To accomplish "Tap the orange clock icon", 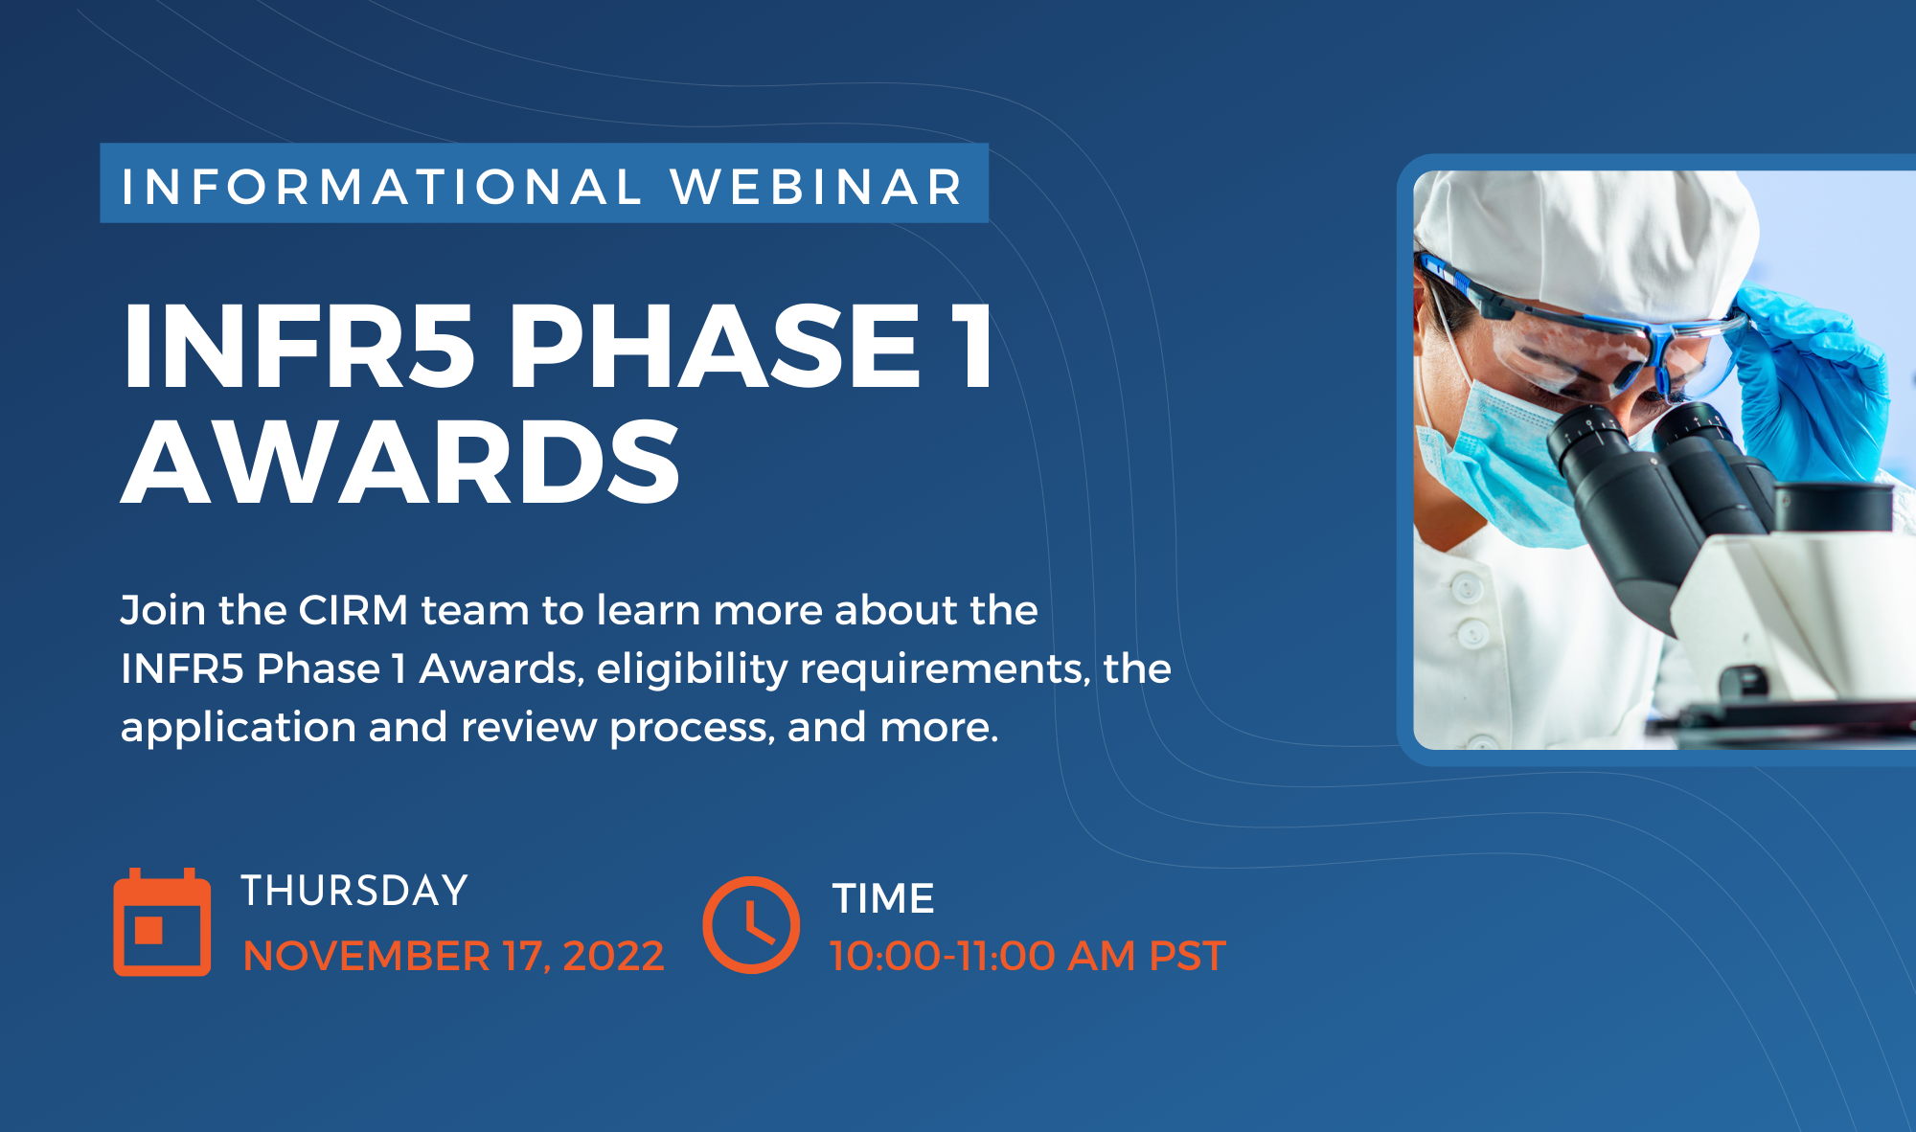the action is [x=751, y=924].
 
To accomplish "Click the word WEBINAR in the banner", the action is [x=817, y=187].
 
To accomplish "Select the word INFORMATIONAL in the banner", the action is [x=381, y=187].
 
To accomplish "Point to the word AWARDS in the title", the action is [x=400, y=462].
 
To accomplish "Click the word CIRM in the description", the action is [x=354, y=610].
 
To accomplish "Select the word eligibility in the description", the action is [x=692, y=669].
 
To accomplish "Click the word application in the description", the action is [x=239, y=728].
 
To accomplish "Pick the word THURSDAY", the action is [x=354, y=891].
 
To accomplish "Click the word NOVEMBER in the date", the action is [x=367, y=957].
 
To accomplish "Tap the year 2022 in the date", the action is [x=613, y=957].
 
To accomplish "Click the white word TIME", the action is [x=883, y=898].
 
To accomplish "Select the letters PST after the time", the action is [x=1187, y=956].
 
